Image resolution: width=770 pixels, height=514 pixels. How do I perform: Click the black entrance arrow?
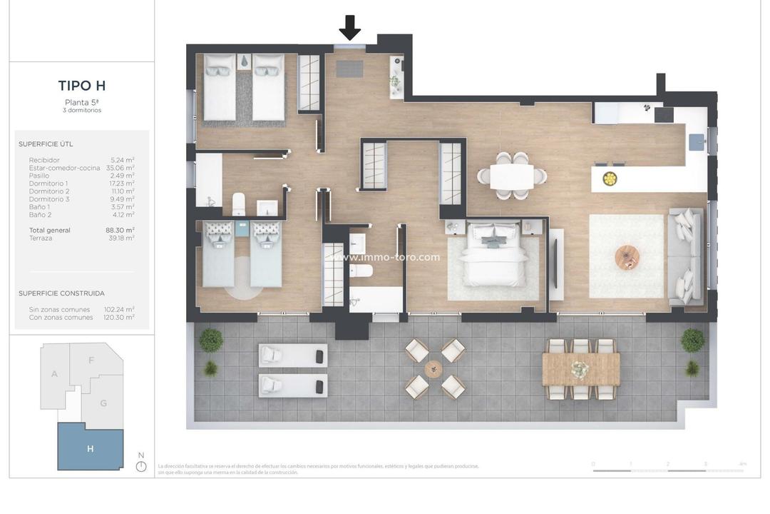click(x=349, y=27)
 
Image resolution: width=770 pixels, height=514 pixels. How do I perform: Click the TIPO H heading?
click(x=82, y=86)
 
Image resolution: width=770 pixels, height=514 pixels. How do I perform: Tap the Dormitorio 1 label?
click(x=49, y=183)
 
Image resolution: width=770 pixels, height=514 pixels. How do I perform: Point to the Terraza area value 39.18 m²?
click(x=121, y=238)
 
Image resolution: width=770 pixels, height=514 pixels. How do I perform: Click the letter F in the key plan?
click(x=91, y=361)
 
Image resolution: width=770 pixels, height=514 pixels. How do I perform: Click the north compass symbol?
click(x=141, y=465)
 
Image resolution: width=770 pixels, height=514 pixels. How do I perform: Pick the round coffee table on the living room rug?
click(x=627, y=257)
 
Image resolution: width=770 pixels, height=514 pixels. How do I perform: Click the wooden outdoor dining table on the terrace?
click(x=581, y=369)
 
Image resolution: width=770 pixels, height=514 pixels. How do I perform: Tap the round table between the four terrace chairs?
click(x=433, y=368)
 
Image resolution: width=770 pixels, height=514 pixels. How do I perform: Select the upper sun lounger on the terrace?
click(x=293, y=355)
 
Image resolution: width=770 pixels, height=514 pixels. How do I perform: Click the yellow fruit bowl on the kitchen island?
click(x=610, y=178)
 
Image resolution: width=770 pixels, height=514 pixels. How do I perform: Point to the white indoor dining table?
click(x=512, y=176)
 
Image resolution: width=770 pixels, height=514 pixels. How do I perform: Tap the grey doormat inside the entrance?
click(x=350, y=69)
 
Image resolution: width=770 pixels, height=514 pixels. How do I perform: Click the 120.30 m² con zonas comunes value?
click(x=119, y=318)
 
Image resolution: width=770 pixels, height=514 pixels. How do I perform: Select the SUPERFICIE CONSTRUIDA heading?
click(x=61, y=293)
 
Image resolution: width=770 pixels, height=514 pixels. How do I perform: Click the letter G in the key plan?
click(x=103, y=403)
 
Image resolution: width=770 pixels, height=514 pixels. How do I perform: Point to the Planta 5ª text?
click(x=82, y=102)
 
